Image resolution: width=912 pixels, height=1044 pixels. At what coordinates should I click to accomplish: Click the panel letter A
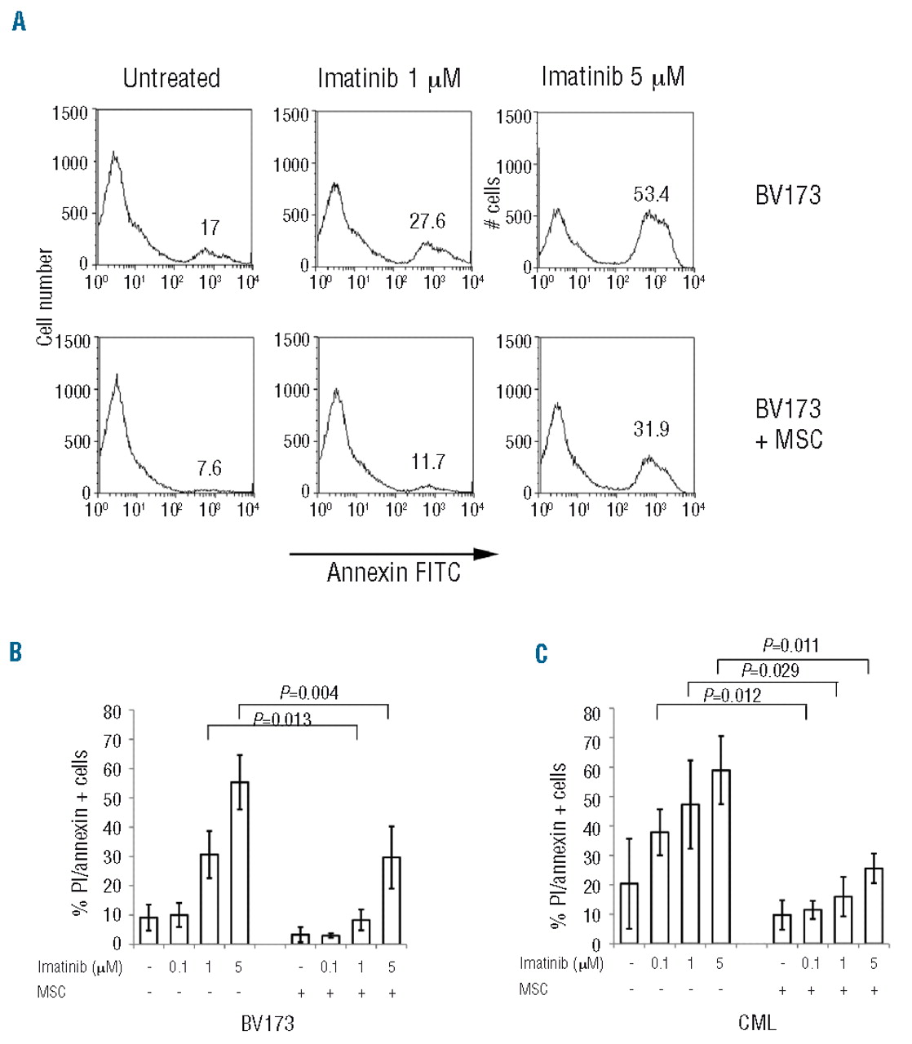click(19, 21)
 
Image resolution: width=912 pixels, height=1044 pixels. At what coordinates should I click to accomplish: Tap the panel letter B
click(15, 652)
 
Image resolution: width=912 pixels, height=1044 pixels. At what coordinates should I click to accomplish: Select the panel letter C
click(541, 653)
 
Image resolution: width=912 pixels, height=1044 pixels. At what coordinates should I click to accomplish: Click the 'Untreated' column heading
click(171, 78)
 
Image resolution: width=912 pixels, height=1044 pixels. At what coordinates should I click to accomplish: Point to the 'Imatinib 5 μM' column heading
click(613, 77)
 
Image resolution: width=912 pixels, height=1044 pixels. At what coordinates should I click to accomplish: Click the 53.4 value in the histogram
click(651, 194)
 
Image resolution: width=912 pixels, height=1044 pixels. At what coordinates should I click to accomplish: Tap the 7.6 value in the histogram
click(209, 468)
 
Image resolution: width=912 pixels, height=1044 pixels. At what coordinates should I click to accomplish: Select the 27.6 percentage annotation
click(427, 221)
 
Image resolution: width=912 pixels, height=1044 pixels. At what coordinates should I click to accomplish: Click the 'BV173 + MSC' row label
click(788, 424)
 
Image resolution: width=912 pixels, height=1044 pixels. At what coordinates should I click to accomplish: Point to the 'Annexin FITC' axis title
click(393, 573)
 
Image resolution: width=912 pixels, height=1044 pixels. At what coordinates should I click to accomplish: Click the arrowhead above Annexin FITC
click(486, 554)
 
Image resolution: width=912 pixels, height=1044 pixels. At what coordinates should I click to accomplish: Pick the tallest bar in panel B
click(239, 862)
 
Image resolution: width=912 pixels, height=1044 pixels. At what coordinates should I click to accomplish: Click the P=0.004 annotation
click(308, 692)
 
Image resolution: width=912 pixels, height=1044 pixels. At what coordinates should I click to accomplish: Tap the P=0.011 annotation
click(790, 645)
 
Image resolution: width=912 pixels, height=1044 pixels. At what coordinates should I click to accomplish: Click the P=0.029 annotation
click(770, 670)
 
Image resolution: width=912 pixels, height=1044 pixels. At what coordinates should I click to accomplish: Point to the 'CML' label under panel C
click(757, 1022)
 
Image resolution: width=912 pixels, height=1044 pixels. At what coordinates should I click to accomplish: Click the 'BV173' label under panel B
click(268, 1023)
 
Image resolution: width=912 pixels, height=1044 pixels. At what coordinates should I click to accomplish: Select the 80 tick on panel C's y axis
click(592, 713)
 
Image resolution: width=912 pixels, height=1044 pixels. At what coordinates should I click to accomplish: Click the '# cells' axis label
click(493, 203)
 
